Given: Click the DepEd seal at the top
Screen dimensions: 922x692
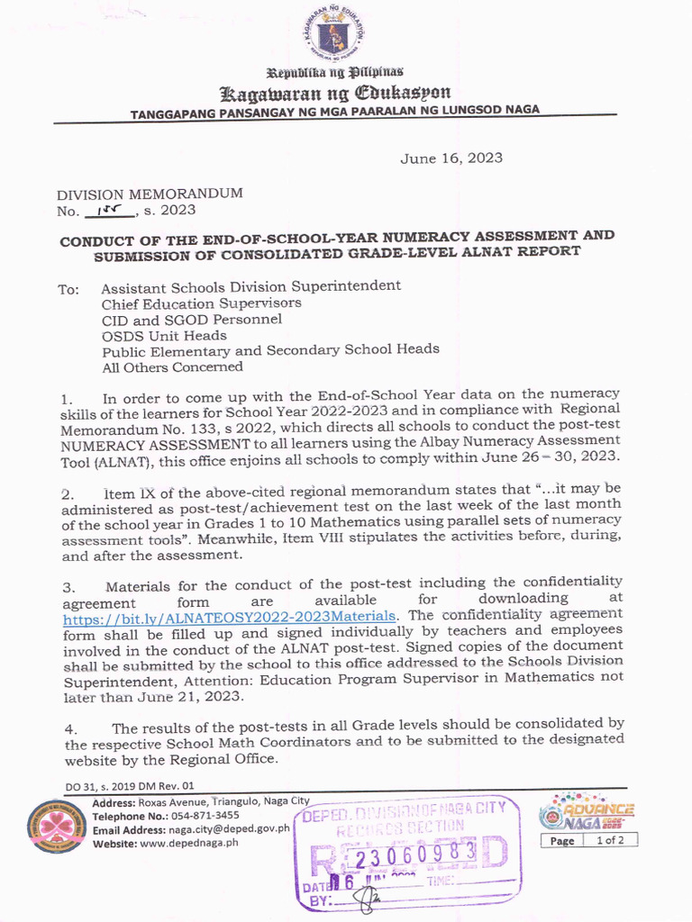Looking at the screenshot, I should point(336,35).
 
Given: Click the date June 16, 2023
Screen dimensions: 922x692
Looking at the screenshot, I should point(451,158).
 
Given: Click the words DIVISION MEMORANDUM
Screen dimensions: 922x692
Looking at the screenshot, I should point(150,194).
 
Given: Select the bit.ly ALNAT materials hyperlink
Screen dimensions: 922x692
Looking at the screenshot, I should point(229,616).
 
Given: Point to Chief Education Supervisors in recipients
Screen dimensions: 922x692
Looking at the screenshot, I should point(201,303).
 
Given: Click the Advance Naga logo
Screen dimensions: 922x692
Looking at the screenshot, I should point(587,810).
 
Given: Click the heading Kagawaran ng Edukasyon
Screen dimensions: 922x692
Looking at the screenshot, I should point(335,94).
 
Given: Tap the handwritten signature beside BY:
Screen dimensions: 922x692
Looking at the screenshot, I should point(368,897).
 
